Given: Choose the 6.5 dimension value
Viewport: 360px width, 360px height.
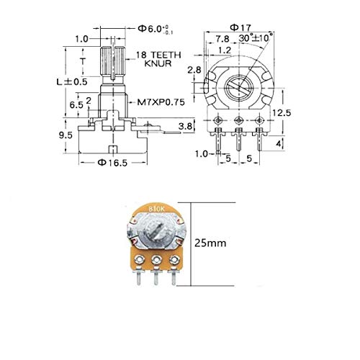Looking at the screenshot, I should point(75,104).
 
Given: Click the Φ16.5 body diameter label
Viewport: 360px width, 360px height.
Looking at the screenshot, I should point(114,163).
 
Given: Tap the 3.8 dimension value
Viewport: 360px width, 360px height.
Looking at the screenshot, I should point(184,127).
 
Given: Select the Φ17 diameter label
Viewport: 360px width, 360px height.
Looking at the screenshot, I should point(237,29).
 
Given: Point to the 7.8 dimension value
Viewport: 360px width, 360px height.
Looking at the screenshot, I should point(222,39).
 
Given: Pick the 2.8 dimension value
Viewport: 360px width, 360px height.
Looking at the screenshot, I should point(195,70).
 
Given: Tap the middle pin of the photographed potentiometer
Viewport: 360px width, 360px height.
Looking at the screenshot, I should point(156,276).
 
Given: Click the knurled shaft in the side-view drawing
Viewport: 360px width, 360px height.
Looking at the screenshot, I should point(109,61).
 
